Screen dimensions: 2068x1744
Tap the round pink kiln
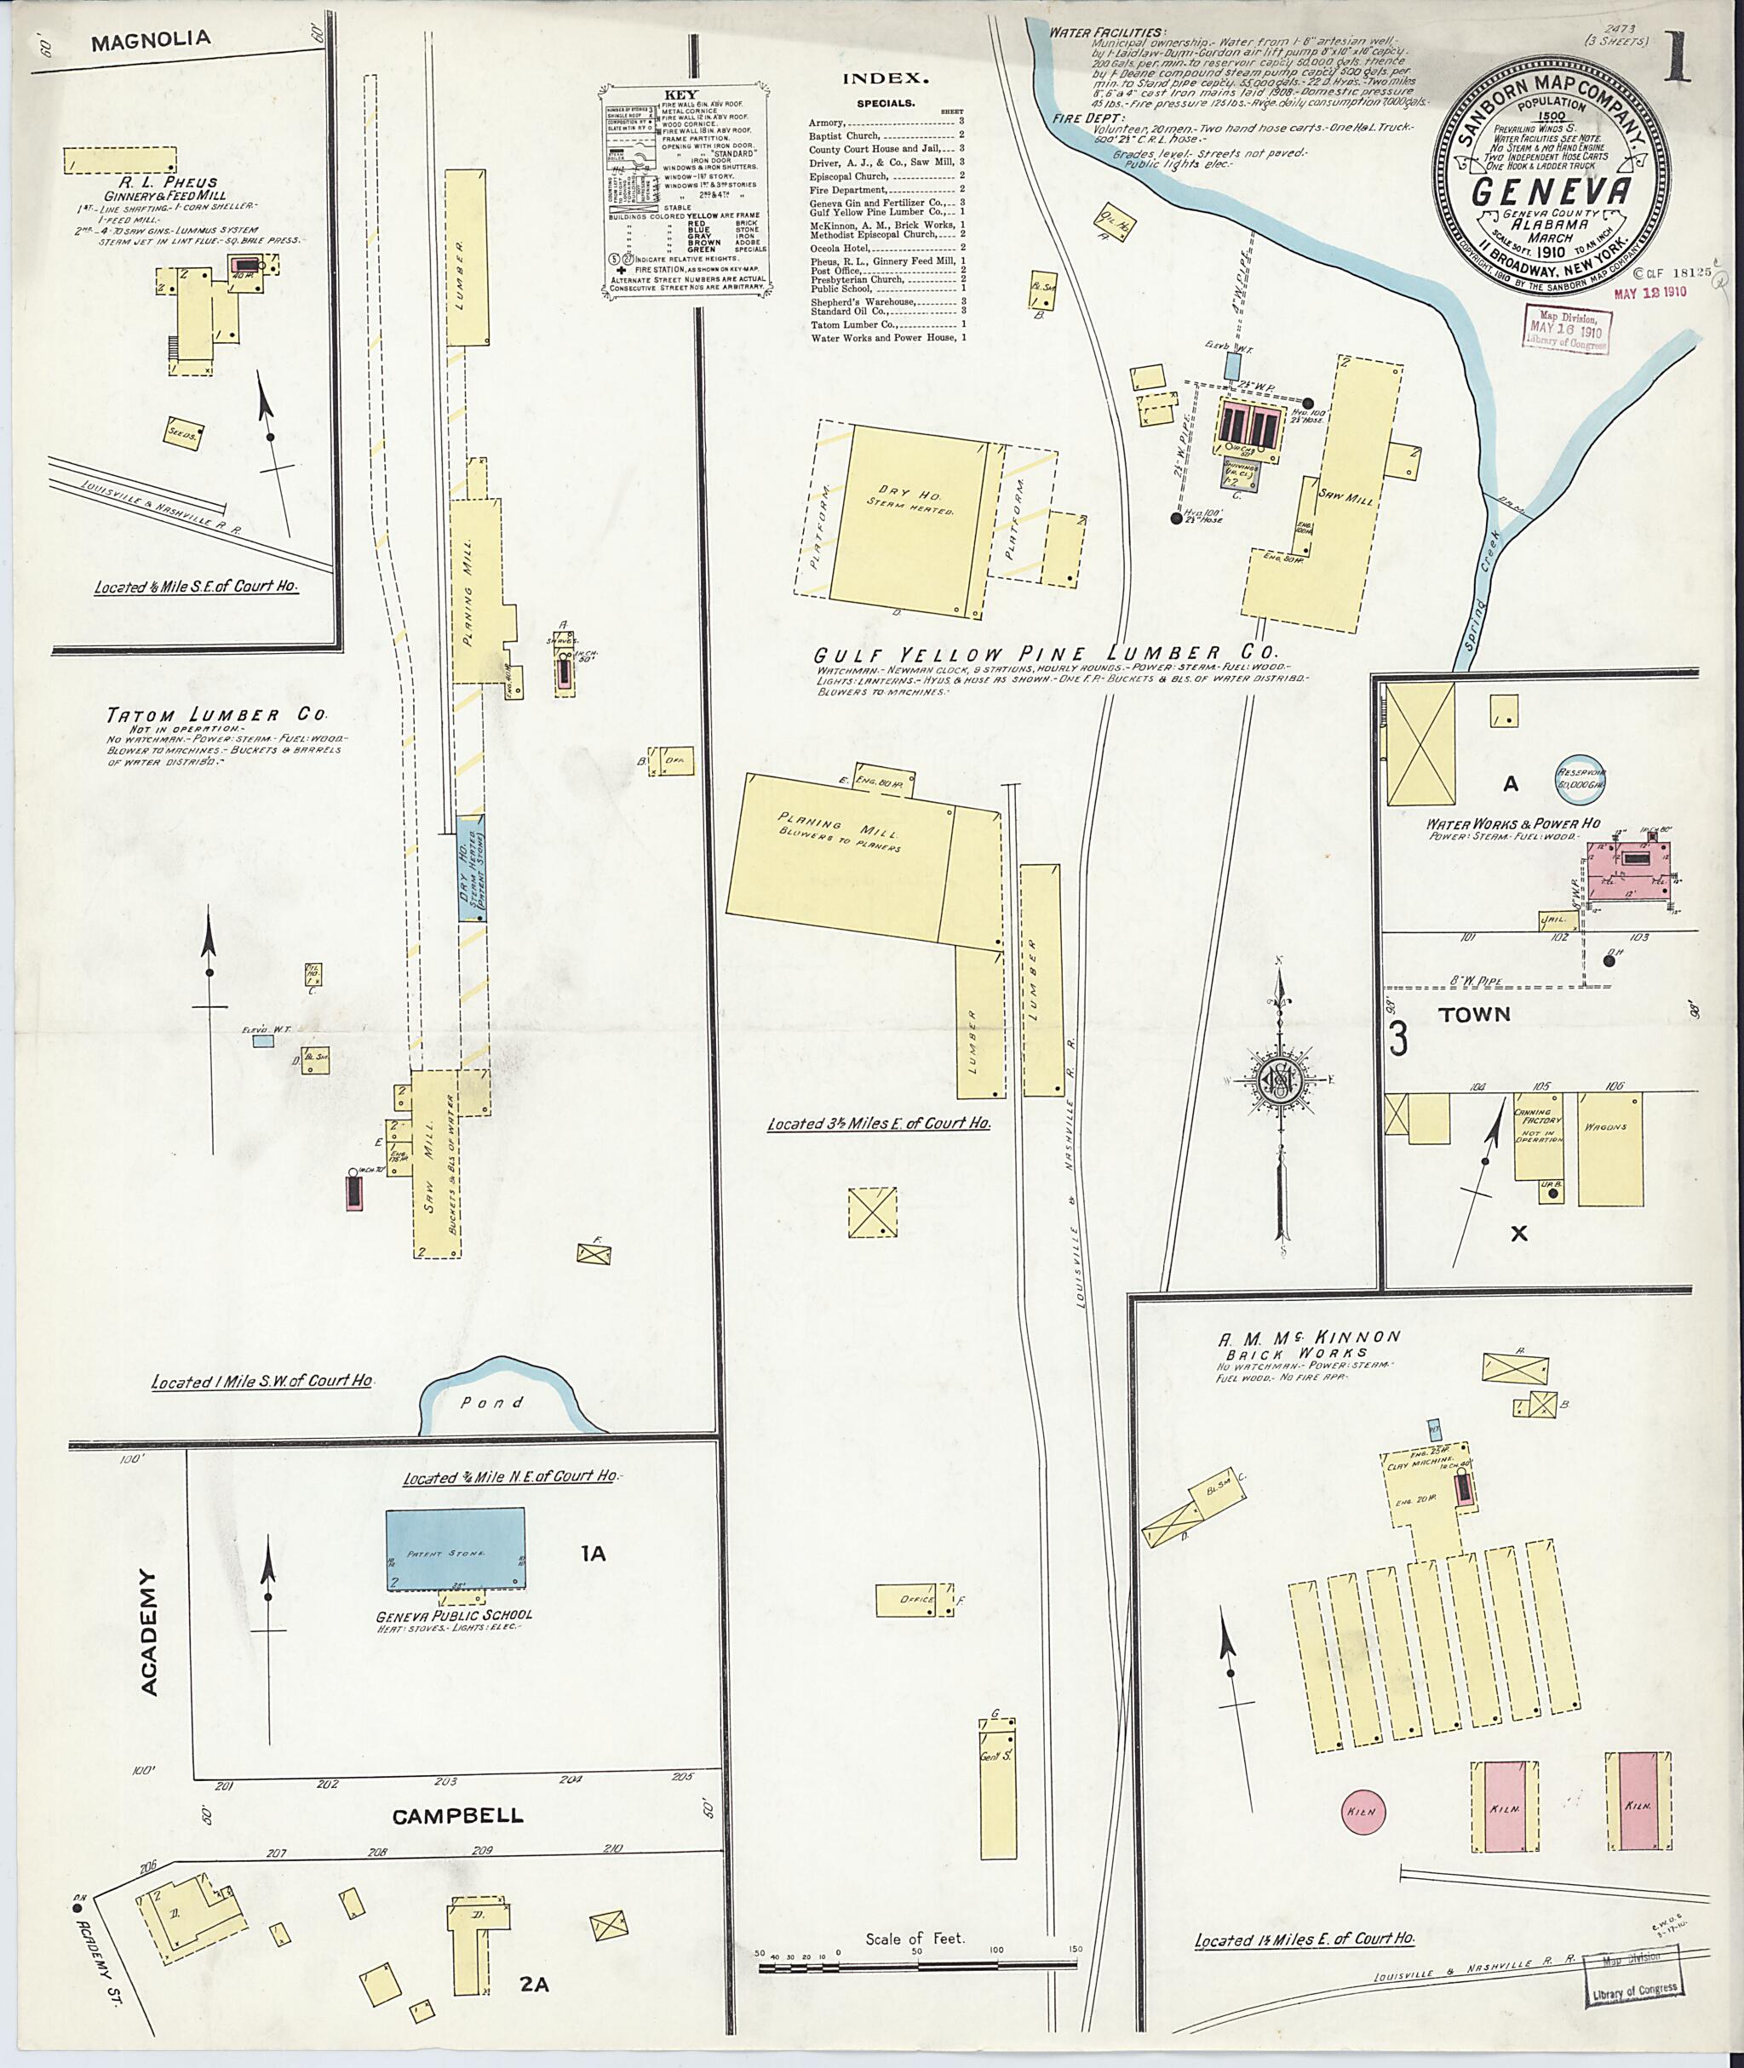(x=1363, y=1810)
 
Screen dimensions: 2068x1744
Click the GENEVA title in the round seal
(x=1550, y=192)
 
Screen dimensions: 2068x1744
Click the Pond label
(x=491, y=1401)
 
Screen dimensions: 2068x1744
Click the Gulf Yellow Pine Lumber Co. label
(x=1045, y=653)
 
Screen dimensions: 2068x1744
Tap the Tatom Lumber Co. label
(x=215, y=714)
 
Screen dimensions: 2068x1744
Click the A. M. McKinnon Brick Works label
(x=1309, y=1343)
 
